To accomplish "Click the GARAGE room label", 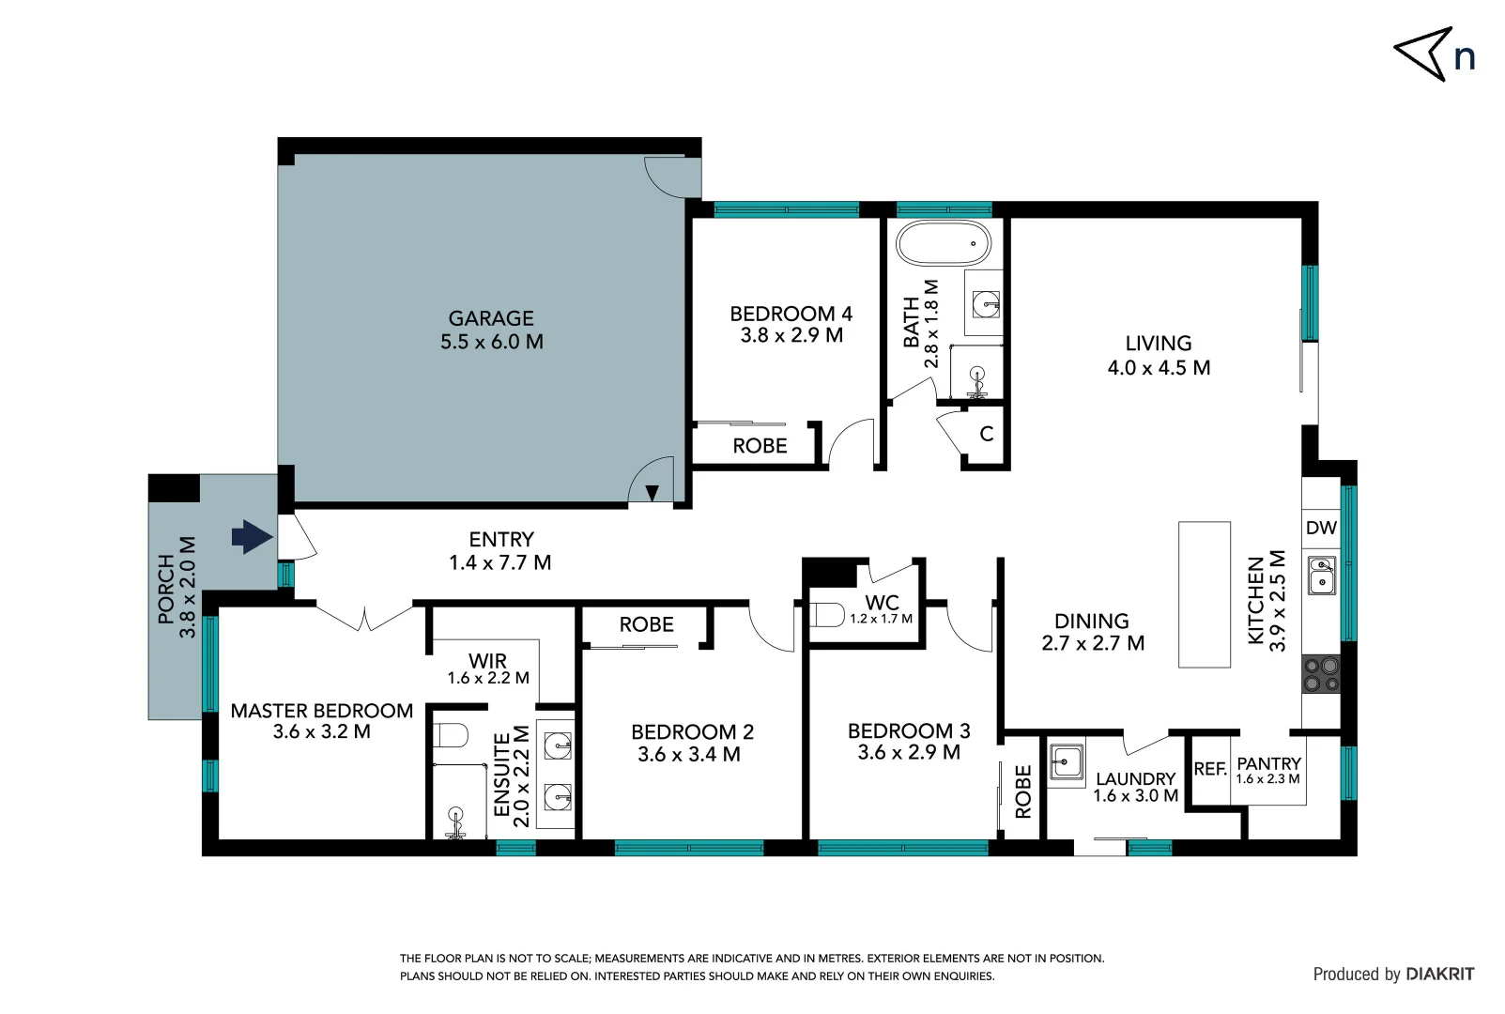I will coord(490,318).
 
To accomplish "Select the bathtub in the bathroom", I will coord(943,244).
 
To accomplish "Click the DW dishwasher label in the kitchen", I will coord(1321,528).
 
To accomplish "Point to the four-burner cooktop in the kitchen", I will coord(1321,674).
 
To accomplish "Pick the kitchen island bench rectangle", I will coord(1204,594).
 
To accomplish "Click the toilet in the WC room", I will coord(827,616).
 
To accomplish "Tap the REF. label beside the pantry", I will coord(1210,769).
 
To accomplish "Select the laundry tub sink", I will coord(1067,761).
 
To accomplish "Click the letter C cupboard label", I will coord(986,434).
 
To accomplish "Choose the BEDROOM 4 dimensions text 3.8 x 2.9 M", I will coord(791,335).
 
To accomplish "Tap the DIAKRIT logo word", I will coord(1439,975).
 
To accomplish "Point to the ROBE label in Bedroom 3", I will coord(1023,791).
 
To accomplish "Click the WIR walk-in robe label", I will coord(487,661).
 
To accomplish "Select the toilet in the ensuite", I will coord(452,735).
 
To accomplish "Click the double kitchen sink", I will coord(1322,575).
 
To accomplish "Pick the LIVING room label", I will coord(1158,344).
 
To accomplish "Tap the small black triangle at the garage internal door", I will coord(652,492).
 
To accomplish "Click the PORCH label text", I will coord(166,589).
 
